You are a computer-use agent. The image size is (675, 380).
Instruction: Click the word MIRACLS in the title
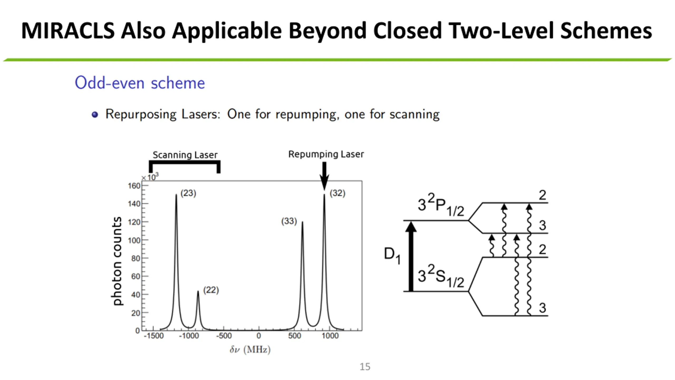point(68,31)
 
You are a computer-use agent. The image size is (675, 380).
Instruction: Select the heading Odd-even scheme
point(140,83)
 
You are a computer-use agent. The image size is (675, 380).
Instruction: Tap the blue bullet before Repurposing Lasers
point(95,115)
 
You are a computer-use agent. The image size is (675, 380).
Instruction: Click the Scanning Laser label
point(185,155)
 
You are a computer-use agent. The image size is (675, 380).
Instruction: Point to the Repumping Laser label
point(326,154)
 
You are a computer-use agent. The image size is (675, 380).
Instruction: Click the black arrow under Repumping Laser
point(324,175)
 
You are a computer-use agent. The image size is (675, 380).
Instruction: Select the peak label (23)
point(188,193)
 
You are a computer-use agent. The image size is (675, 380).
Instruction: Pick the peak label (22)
point(211,290)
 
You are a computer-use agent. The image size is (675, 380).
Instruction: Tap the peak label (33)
point(289,221)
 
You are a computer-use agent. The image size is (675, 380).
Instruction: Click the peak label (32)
point(337,193)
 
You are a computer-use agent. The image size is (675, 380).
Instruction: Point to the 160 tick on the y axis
point(134,186)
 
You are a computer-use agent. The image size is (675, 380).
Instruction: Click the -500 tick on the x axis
point(224,336)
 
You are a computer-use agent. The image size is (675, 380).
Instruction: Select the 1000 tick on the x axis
point(330,336)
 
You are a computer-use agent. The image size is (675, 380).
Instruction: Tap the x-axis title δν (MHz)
point(250,350)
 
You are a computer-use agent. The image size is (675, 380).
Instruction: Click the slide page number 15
point(365,367)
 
